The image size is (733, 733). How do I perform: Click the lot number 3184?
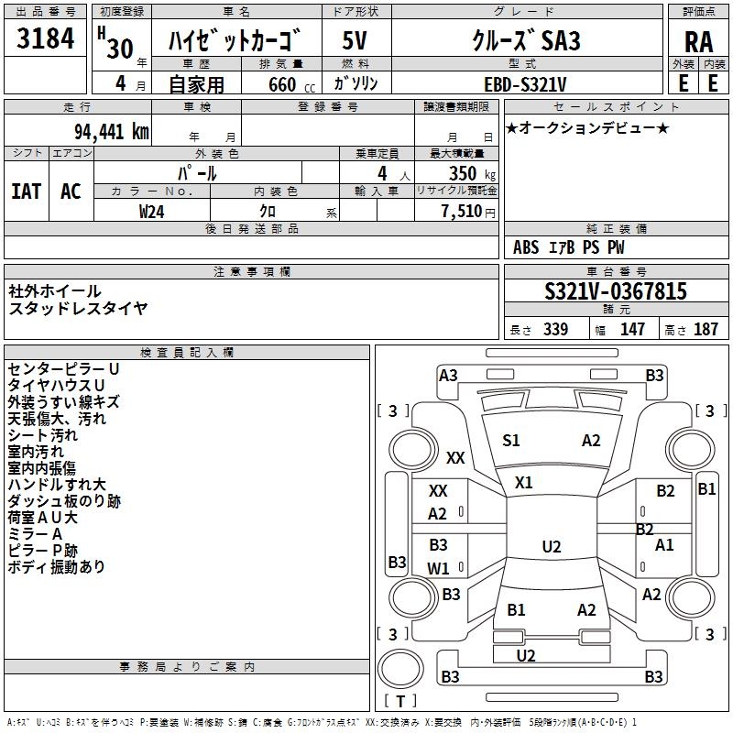tap(46, 42)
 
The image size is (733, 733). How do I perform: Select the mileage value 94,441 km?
tap(111, 131)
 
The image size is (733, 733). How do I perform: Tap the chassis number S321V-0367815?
tap(616, 291)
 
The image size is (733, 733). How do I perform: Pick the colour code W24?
tap(152, 212)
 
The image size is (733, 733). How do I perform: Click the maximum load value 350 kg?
tap(463, 173)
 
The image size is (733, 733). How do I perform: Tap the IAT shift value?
tap(26, 191)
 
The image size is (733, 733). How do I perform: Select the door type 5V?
tap(356, 42)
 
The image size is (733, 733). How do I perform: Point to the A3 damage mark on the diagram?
tap(448, 375)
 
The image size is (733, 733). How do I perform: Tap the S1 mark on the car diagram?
tap(511, 441)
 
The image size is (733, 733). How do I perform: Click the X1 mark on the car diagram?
tap(523, 482)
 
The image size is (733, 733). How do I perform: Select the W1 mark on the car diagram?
tap(438, 568)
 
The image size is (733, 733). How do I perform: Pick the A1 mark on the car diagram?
tap(664, 545)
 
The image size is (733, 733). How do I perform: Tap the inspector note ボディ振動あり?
tap(57, 567)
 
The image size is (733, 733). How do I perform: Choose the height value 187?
tap(706, 330)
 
